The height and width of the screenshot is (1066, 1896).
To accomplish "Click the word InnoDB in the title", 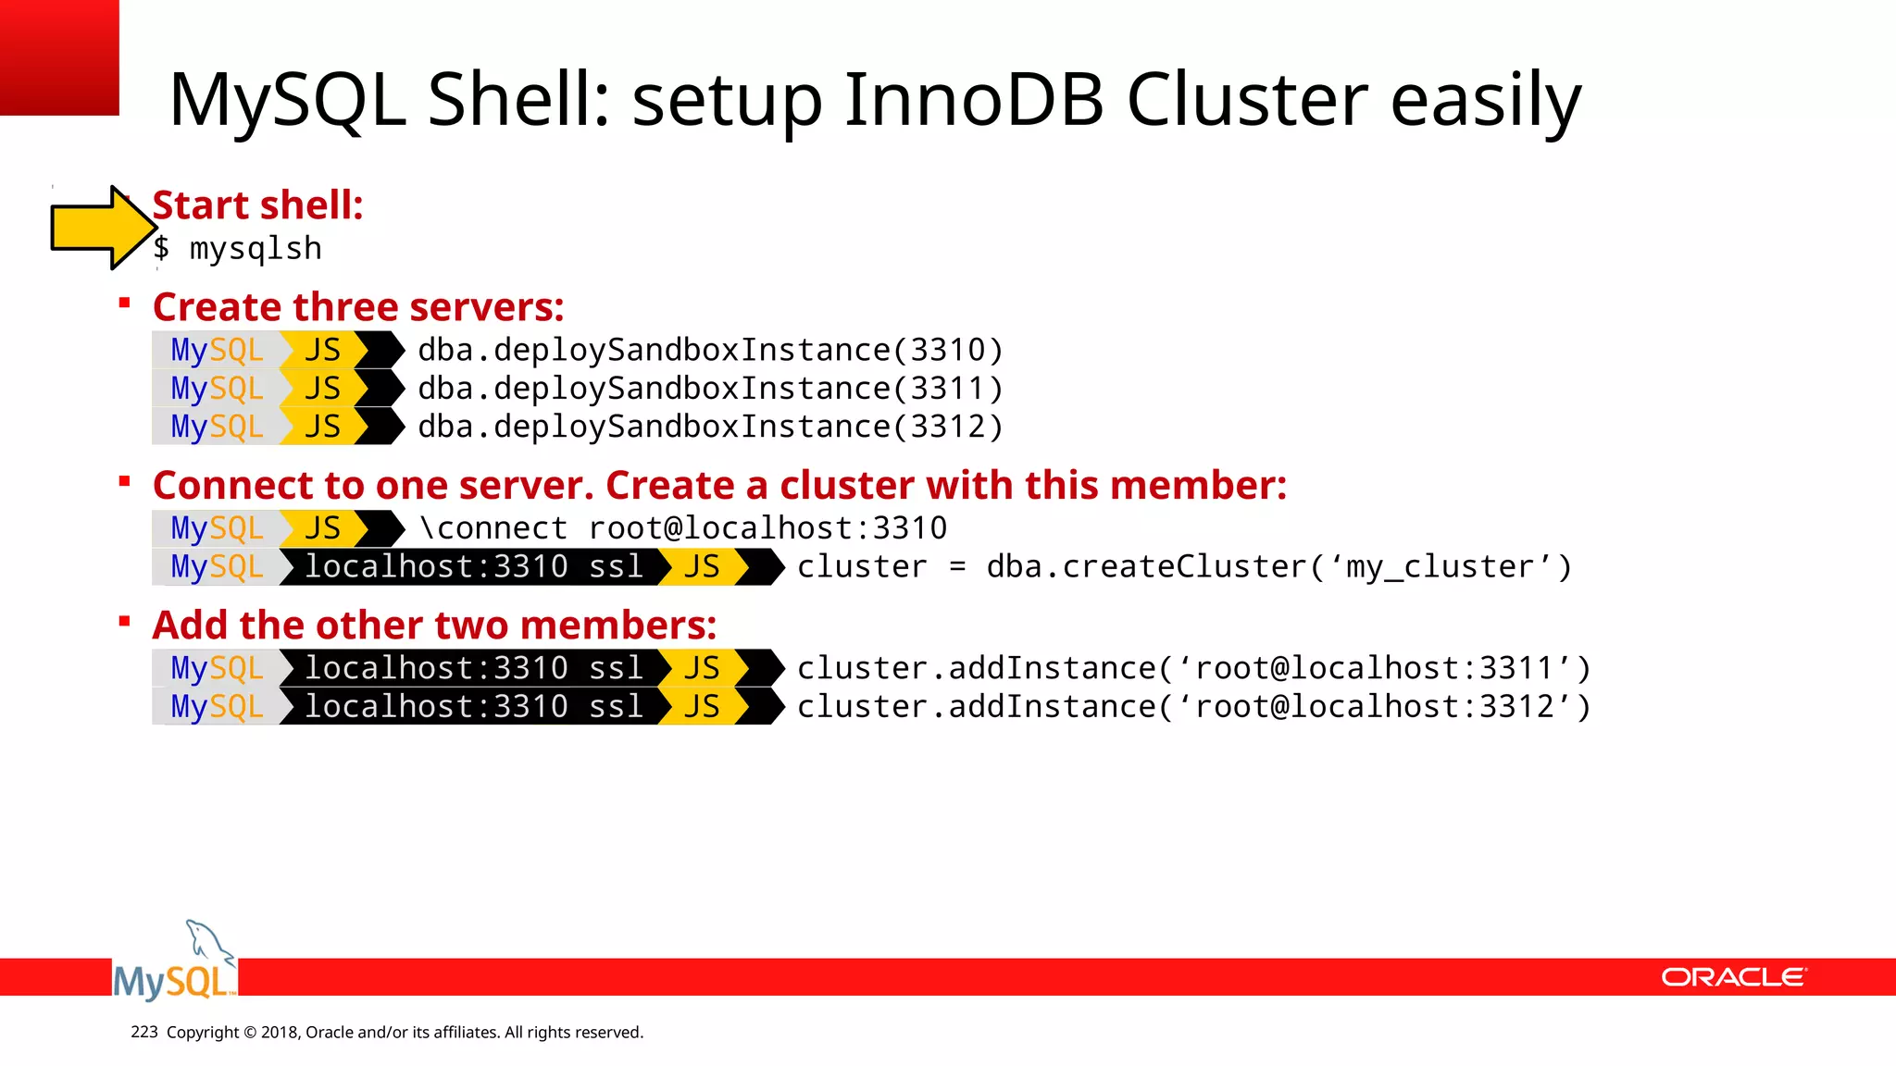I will coord(974,99).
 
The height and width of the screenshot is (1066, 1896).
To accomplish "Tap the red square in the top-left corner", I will coord(59,56).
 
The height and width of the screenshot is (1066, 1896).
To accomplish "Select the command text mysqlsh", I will coord(256,249).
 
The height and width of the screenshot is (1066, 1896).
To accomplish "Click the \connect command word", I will coord(493,528).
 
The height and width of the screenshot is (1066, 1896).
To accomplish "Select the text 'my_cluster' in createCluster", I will coord(1441,566).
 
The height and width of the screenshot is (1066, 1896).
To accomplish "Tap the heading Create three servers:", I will coord(358,306).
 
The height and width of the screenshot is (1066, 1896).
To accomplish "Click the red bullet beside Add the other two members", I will coord(124,622).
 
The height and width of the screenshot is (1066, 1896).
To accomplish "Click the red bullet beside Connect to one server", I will coord(124,481).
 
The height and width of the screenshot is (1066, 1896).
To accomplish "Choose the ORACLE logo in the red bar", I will coord(1733,977).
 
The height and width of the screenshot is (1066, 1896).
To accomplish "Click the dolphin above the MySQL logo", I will coord(209,942).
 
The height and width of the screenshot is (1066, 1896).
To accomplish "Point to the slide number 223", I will coord(144,1032).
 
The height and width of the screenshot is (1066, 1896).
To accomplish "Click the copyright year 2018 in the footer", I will coord(279,1033).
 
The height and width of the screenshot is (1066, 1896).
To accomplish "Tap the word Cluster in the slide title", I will coord(1247,99).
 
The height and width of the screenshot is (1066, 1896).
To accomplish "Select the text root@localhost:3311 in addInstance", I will coord(1374,668).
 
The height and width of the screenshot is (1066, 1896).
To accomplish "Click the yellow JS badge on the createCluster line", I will coord(702,566).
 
